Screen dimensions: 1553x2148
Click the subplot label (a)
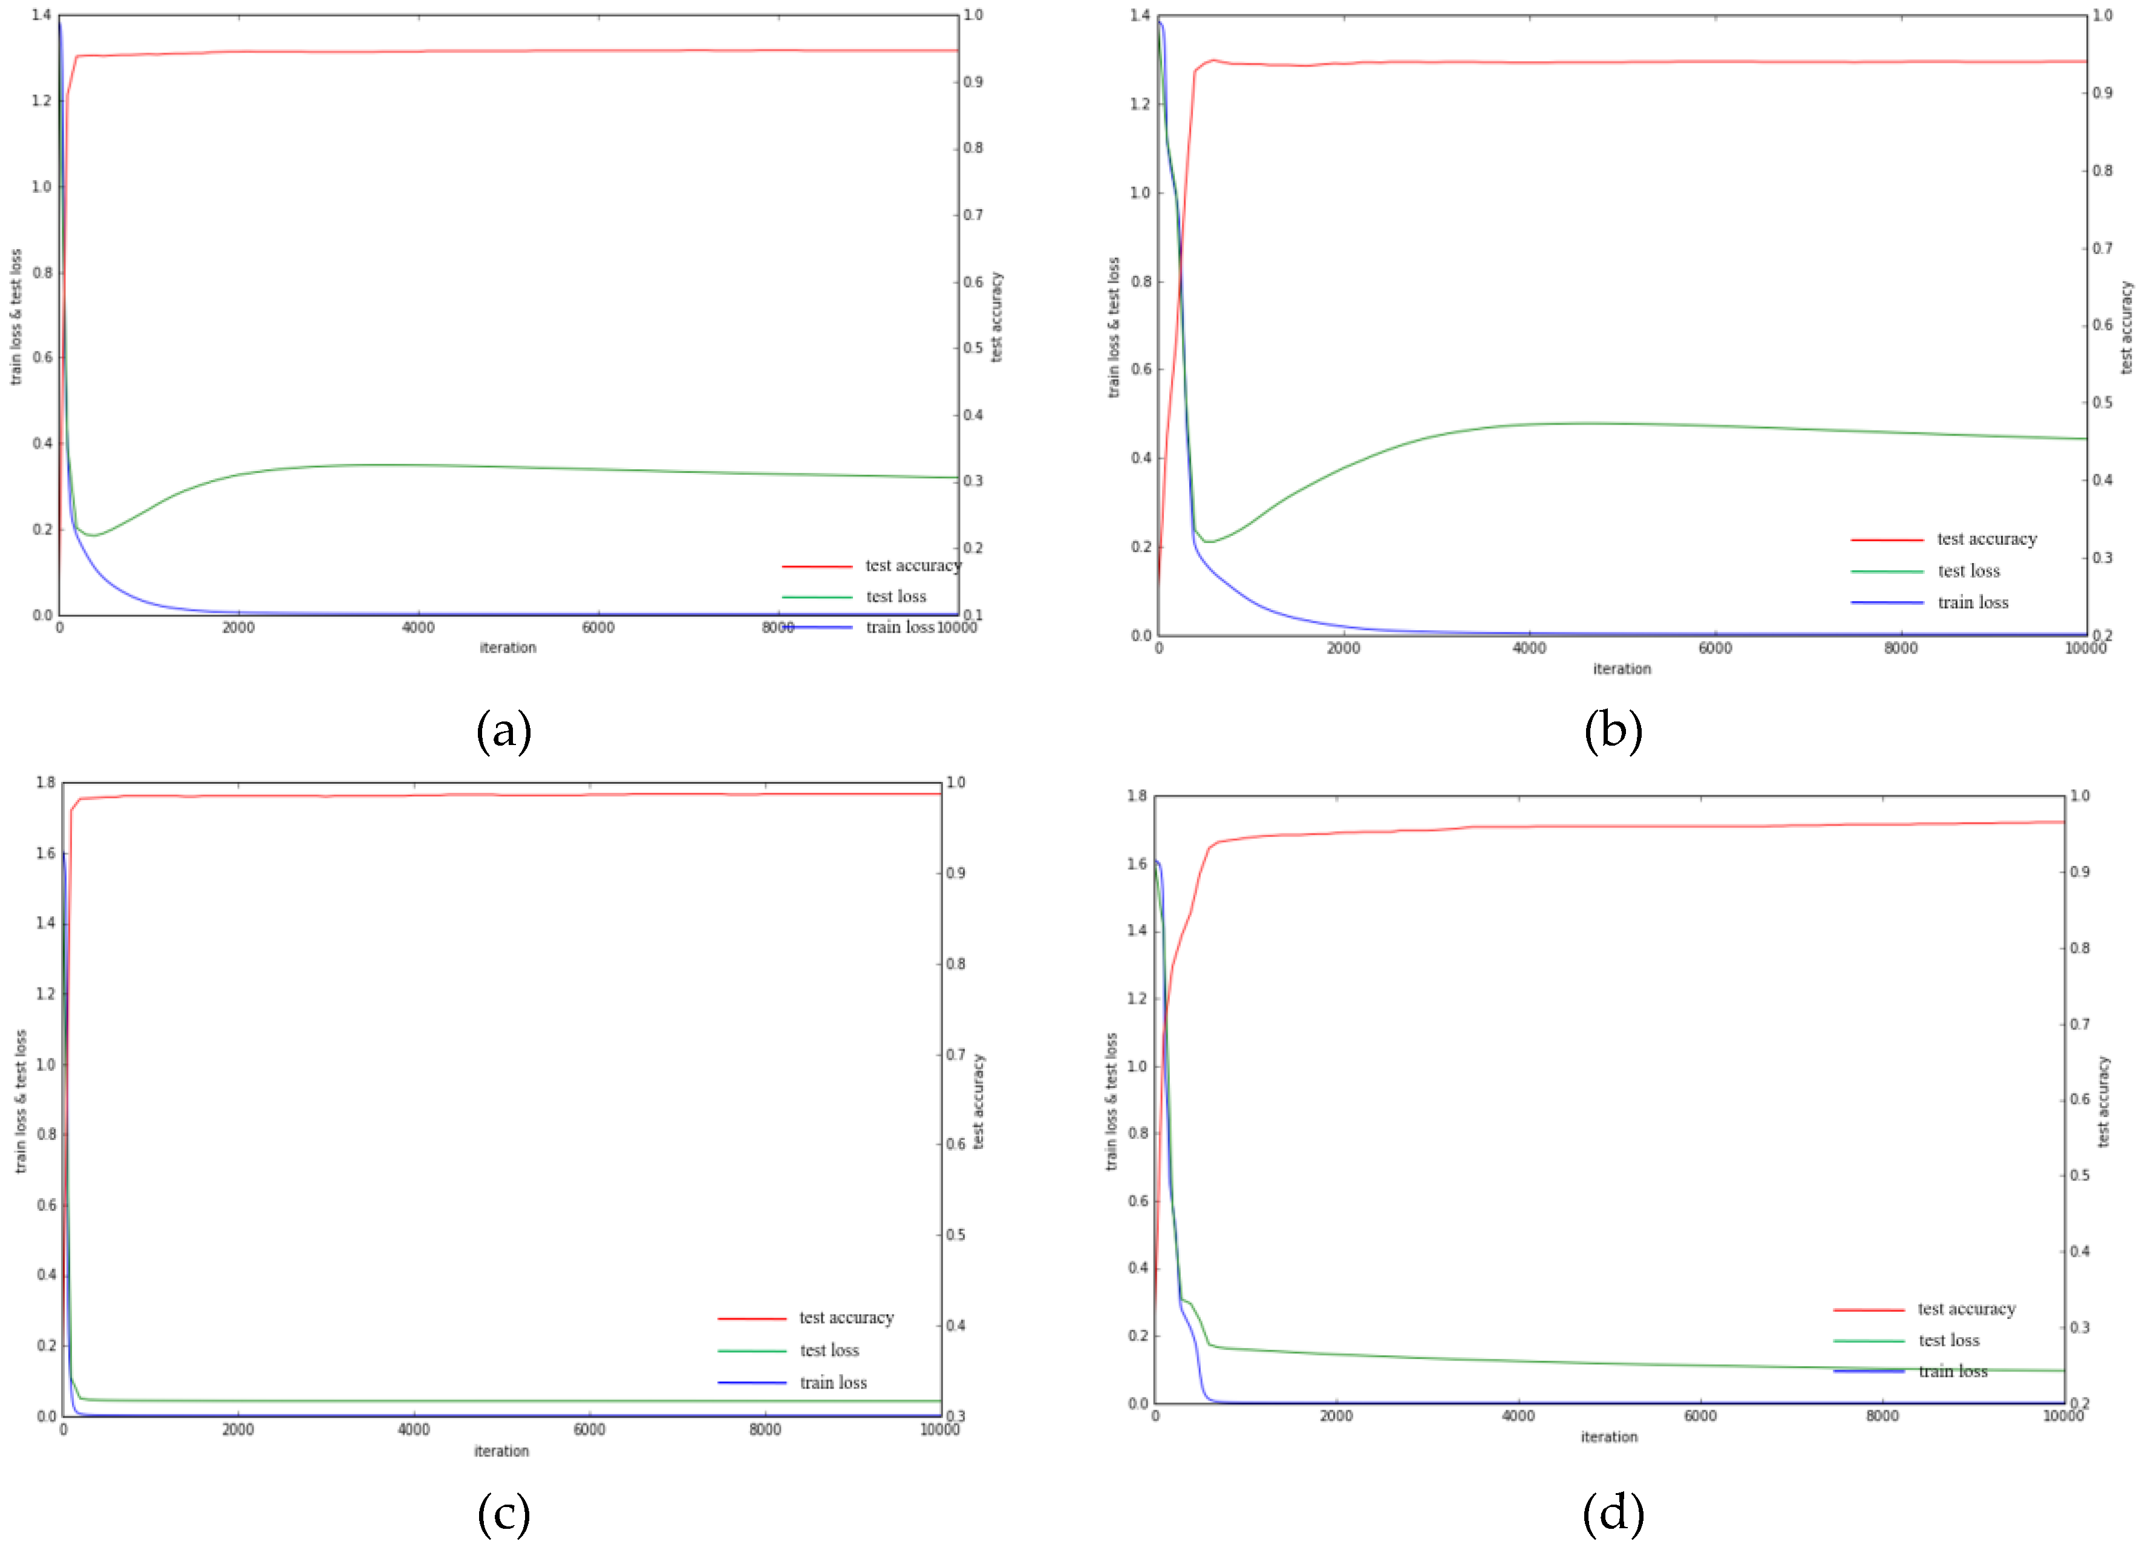coord(504,732)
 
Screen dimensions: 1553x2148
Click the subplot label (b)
coord(1613,732)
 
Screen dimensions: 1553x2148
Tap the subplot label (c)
coord(504,1514)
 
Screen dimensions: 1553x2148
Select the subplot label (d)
coord(1613,1514)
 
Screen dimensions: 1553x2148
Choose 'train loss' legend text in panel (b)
coord(1972,602)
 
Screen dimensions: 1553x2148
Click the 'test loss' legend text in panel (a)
coord(896,596)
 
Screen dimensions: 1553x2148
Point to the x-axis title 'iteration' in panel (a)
coord(508,648)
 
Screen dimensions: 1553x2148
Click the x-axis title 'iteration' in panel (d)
coord(1608,1436)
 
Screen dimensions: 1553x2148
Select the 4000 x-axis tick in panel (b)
coord(1529,649)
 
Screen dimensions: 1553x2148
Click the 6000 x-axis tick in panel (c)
coord(589,1430)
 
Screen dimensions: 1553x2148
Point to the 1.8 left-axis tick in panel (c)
coord(45,782)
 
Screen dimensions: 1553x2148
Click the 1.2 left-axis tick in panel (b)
coord(1140,104)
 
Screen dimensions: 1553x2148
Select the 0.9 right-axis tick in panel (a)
coord(973,82)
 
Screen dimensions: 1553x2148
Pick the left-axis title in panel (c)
coord(21,1101)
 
